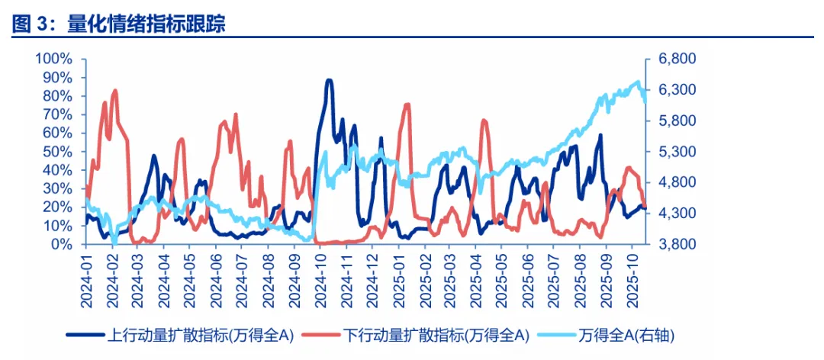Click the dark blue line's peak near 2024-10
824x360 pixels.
(x=329, y=80)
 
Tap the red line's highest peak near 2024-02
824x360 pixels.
(x=115, y=90)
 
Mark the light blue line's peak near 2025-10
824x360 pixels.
(x=638, y=82)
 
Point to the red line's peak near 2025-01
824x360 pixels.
(x=407, y=104)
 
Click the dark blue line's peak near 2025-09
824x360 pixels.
(x=600, y=135)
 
